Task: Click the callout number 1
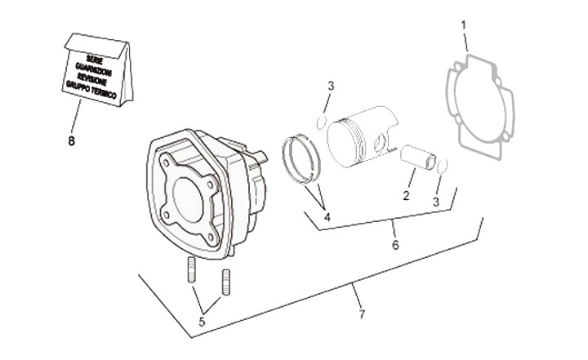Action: (x=464, y=25)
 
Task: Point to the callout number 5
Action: (x=202, y=322)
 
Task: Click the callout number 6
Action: (x=395, y=244)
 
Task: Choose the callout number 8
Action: (x=72, y=140)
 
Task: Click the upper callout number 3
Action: (x=330, y=86)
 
